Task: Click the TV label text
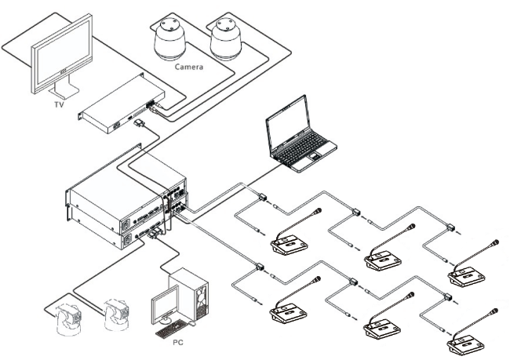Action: [59, 104]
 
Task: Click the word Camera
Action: [189, 67]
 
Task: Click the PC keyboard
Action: [174, 329]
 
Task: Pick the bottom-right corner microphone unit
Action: [466, 344]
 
